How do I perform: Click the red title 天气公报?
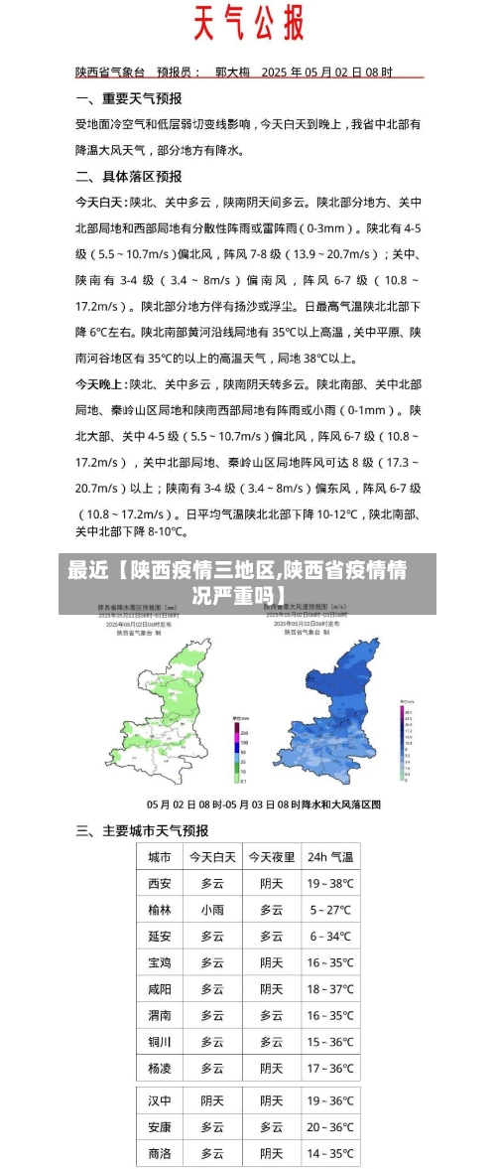tap(247, 23)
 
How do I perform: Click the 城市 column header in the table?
tap(159, 856)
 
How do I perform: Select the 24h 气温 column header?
tap(330, 856)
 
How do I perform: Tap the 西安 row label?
tap(159, 883)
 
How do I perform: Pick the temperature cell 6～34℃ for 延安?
tap(330, 936)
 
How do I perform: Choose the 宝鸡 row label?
tap(159, 962)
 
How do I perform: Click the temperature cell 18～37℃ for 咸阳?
tap(330, 989)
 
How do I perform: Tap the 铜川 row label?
tap(159, 1042)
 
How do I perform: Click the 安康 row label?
tap(159, 1127)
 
